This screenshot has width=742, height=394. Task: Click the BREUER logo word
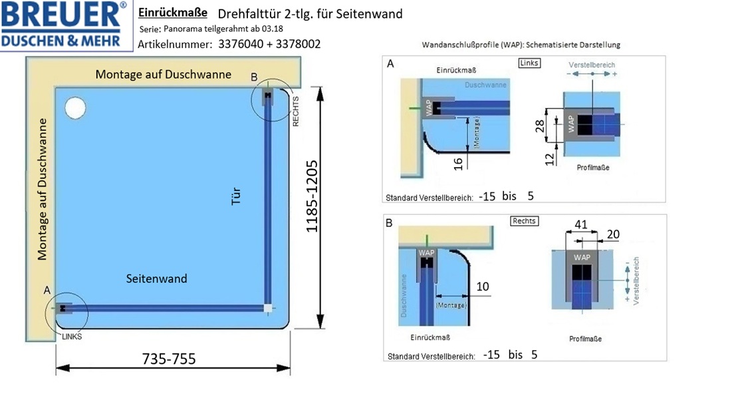point(62,15)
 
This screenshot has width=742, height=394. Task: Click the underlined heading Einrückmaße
point(173,13)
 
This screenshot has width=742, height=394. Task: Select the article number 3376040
point(241,44)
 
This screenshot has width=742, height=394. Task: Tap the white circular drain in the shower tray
point(75,108)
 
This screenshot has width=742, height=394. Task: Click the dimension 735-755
point(169,359)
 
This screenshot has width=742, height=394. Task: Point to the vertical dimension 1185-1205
point(311,196)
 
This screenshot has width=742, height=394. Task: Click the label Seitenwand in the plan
point(157,278)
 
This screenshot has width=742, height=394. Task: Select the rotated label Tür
point(235,196)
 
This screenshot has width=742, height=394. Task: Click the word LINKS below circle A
point(72,337)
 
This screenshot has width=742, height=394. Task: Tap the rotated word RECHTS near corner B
point(296,111)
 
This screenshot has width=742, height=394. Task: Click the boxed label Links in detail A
point(529,63)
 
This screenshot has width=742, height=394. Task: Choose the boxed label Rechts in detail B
point(525,221)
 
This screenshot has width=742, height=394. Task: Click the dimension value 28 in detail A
point(540,126)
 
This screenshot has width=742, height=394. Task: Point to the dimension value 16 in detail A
point(458,164)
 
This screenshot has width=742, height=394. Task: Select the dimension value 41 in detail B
point(580,224)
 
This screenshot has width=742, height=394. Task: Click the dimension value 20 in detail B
point(613,234)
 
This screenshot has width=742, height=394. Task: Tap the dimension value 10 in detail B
point(482,286)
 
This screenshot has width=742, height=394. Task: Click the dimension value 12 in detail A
point(549,160)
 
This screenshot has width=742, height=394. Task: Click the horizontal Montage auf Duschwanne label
point(164,75)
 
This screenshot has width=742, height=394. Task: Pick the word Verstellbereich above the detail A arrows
point(592,65)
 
